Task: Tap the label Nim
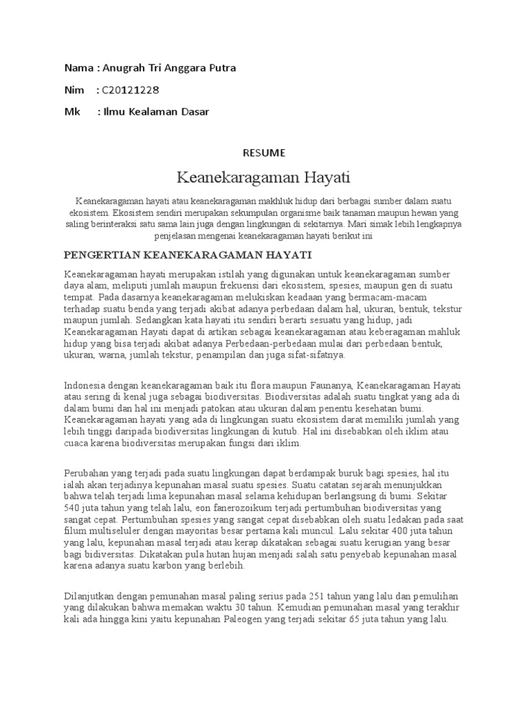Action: [74, 90]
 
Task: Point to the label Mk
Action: [71, 111]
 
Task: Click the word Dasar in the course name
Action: [195, 111]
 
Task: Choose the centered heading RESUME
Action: [264, 152]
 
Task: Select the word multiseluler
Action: [118, 531]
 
